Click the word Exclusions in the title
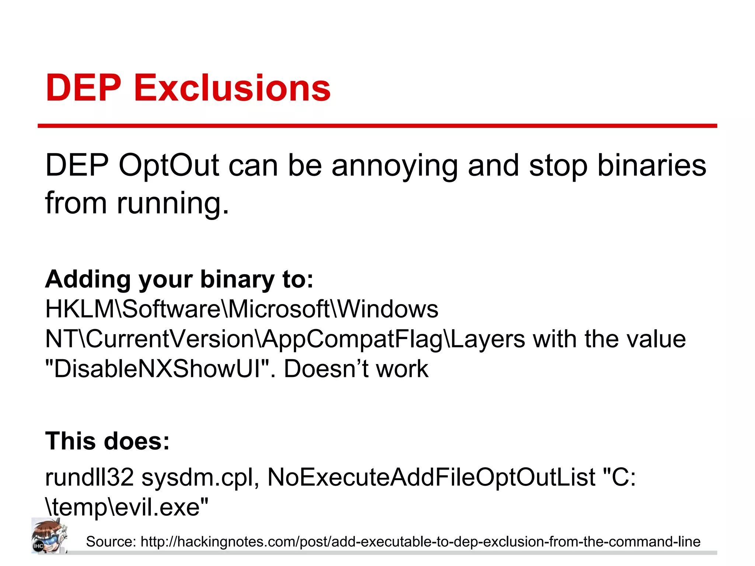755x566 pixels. pos(232,88)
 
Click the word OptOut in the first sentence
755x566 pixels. pos(169,166)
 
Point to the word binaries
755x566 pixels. pos(652,166)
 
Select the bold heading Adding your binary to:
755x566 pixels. pos(179,279)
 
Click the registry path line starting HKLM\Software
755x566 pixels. pos(242,309)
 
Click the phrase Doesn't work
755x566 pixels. pos(356,369)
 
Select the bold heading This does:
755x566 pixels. pos(107,441)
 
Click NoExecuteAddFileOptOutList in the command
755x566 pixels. pos(431,477)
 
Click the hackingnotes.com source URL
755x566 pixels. pos(420,542)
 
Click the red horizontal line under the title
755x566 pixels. pos(377,126)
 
